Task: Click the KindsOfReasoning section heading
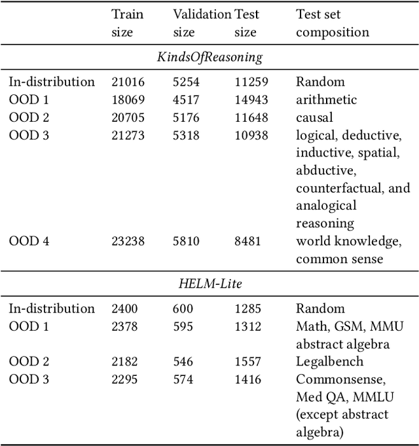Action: (209, 57)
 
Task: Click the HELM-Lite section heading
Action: (209, 284)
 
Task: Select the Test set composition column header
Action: (333, 23)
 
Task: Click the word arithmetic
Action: (326, 100)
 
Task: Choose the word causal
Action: (314, 117)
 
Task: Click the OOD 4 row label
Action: (29, 241)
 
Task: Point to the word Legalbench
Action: (329, 362)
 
